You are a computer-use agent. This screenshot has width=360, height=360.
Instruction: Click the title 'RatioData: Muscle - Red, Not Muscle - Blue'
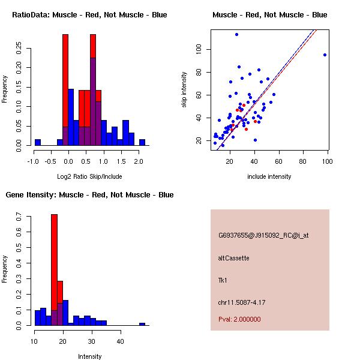(89, 14)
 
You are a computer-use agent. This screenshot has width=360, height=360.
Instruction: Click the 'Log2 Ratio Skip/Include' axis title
(89, 176)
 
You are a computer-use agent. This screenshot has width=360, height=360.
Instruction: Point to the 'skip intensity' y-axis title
(185, 90)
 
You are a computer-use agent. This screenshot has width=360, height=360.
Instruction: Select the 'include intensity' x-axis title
(269, 176)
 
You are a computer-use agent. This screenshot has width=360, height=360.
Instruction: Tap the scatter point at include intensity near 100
(325, 55)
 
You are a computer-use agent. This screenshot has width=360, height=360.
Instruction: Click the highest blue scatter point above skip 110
(236, 34)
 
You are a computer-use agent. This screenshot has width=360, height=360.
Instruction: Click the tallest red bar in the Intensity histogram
(55, 269)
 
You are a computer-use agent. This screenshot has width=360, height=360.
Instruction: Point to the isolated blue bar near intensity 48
(142, 324)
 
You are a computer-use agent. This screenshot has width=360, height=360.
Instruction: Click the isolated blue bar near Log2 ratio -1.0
(37, 142)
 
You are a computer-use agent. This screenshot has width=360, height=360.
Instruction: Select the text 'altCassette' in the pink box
(233, 258)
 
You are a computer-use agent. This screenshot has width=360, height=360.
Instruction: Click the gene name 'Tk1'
(223, 280)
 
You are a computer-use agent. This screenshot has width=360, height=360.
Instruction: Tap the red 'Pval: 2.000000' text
(239, 319)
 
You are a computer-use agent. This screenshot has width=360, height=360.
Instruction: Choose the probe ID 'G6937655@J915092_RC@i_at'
(263, 235)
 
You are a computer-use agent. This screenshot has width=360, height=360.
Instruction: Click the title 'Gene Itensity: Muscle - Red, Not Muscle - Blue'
(89, 194)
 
